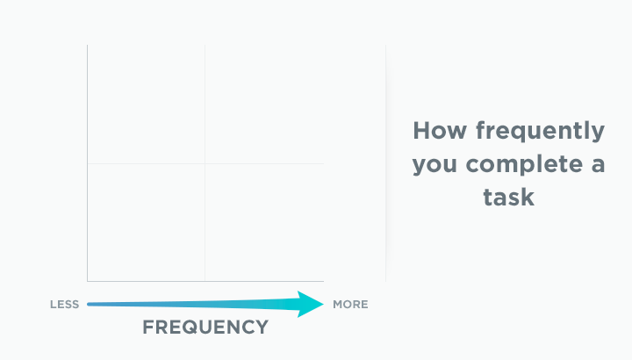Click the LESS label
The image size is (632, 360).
pos(64,305)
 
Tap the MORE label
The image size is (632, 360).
pos(350,305)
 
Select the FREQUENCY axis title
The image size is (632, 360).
pos(205,327)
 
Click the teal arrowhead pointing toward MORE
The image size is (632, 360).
pos(311,304)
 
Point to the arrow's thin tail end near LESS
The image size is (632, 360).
pos(89,304)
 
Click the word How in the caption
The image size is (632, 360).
pos(440,131)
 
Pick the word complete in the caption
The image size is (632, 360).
pos(523,164)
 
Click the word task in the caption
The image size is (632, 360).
pos(508,198)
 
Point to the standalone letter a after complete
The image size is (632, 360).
pos(598,165)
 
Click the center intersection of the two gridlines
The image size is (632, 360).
pos(205,163)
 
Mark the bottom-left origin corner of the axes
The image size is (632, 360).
pos(88,281)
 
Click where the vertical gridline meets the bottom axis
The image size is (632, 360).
pos(205,281)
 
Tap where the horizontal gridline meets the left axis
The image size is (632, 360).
pos(88,163)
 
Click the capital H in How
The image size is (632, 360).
pos(421,131)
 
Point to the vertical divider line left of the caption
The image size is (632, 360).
pos(385,163)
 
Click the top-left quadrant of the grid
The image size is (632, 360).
pos(146,104)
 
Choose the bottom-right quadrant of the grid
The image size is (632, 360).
pos(264,222)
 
